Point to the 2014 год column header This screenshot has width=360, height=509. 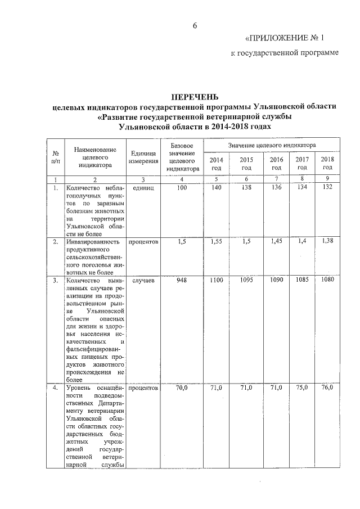tap(216, 163)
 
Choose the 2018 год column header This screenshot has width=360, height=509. tap(327, 163)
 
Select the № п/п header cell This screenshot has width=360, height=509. tap(56, 157)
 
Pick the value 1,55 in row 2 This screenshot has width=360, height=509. tap(216, 241)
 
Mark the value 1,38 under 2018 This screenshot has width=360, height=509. tap(327, 241)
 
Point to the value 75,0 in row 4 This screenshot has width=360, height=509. tap(302, 388)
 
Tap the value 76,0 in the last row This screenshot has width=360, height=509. tap(327, 388)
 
